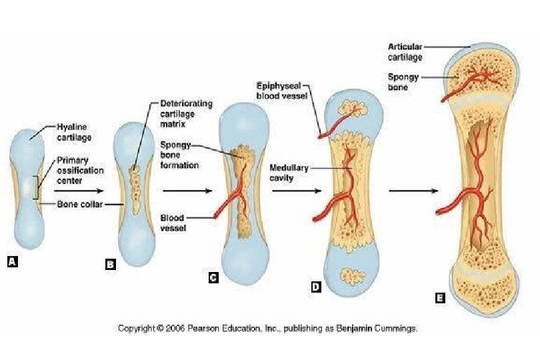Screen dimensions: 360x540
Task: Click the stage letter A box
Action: pyautogui.click(x=12, y=263)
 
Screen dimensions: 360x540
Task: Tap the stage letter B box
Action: pyautogui.click(x=111, y=265)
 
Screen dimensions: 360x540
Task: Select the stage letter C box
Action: pyautogui.click(x=213, y=278)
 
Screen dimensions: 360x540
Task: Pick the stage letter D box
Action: pyautogui.click(x=316, y=287)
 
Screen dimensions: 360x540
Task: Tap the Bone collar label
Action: pyautogui.click(x=79, y=204)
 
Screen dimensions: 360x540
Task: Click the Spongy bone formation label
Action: pyautogui.click(x=179, y=155)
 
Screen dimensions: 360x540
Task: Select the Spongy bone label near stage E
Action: pyautogui.click(x=403, y=81)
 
